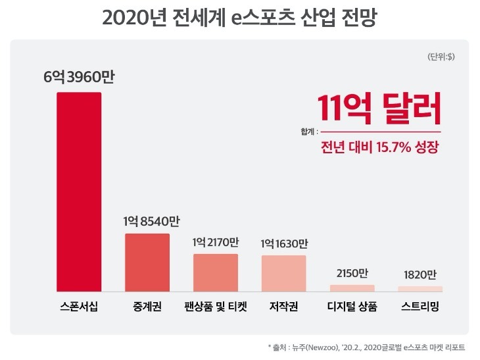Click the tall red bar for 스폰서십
[x=79, y=192]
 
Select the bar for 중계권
[x=147, y=262]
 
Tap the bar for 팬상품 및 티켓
[x=216, y=272]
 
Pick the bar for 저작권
[x=283, y=272]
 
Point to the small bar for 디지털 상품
[x=352, y=288]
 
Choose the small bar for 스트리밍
[x=420, y=288]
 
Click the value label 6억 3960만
[x=80, y=78]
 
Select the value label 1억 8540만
[x=147, y=221]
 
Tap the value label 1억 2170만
[x=216, y=242]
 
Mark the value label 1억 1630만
[x=283, y=243]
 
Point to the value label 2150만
[x=352, y=272]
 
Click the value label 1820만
[x=420, y=274]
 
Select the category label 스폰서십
[x=79, y=307]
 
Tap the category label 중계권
[x=147, y=307]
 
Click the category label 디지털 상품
[x=352, y=307]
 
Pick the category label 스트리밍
[x=420, y=307]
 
